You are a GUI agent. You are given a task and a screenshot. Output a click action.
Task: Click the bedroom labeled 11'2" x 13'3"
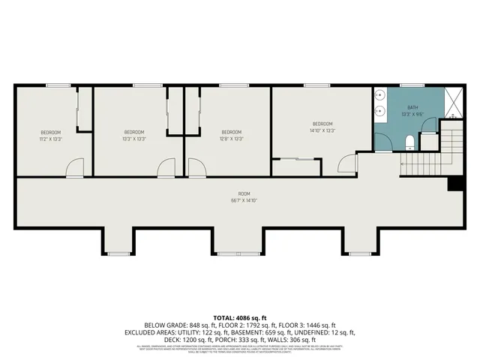(50, 135)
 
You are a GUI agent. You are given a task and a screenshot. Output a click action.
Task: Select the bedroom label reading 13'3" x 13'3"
(133, 135)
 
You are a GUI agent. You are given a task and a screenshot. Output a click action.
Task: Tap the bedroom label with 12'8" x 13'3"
(232, 135)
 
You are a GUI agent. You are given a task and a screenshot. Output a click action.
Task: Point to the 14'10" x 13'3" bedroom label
(322, 127)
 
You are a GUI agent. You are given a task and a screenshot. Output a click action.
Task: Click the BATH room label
(412, 111)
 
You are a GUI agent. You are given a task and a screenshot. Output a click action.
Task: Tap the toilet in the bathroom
(409, 142)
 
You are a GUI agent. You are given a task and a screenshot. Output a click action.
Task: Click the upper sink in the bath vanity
(380, 96)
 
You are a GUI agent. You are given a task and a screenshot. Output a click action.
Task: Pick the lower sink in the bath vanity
(380, 113)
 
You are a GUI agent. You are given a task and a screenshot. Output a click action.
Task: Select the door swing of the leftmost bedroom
(74, 169)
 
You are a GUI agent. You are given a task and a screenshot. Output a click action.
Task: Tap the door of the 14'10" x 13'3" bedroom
(346, 163)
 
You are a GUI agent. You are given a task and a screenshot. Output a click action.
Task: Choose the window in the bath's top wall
(408, 85)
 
